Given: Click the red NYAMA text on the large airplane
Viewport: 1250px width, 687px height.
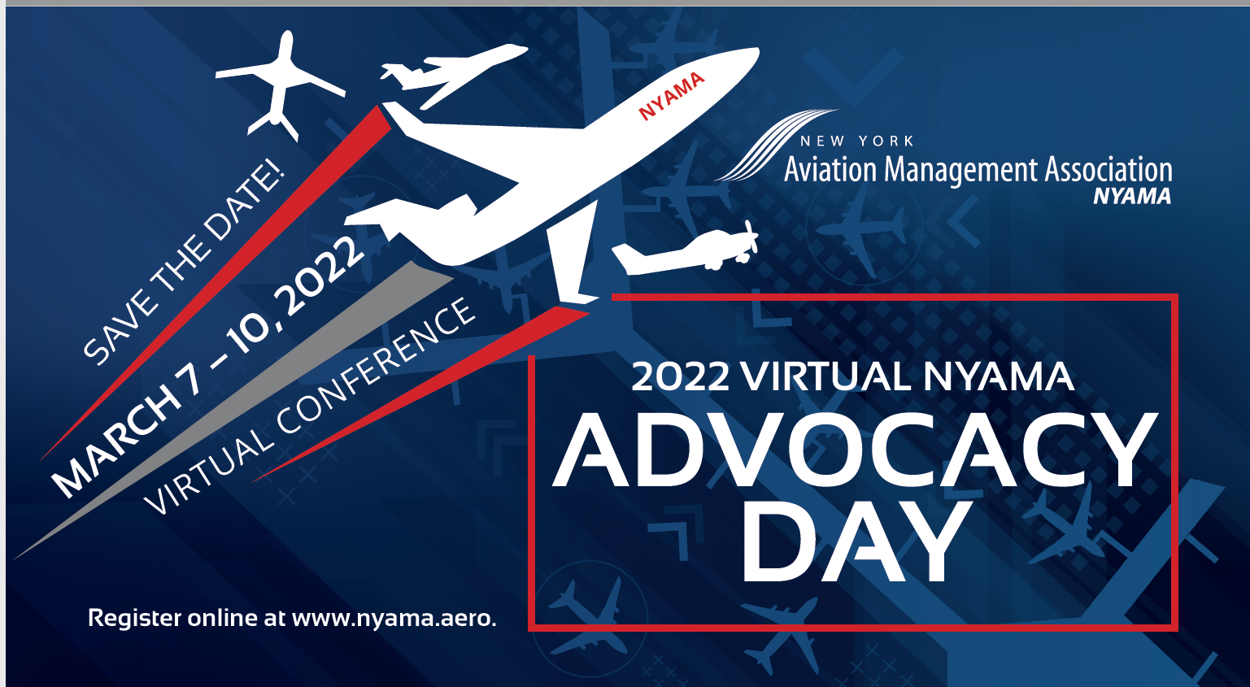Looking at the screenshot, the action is [x=671, y=95].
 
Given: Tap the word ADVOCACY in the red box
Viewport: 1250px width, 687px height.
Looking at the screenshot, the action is [x=855, y=450].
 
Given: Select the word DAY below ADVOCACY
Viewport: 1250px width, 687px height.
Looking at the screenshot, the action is [x=855, y=540].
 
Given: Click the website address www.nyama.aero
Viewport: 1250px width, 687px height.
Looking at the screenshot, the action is [x=394, y=619].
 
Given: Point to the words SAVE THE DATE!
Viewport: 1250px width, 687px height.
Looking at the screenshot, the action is [x=184, y=263].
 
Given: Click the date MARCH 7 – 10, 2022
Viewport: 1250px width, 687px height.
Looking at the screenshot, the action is [x=207, y=366].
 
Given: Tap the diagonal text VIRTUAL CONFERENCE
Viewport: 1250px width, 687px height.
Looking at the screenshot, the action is [x=311, y=407].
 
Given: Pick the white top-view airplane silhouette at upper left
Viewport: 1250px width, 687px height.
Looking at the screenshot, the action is [x=279, y=84].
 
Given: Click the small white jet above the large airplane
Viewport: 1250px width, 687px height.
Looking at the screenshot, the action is [x=453, y=72].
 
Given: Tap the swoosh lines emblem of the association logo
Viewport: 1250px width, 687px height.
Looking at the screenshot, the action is [x=776, y=145].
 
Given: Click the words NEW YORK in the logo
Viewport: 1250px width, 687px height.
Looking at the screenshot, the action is [x=857, y=141].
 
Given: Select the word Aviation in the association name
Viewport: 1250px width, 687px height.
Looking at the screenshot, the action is [x=830, y=170].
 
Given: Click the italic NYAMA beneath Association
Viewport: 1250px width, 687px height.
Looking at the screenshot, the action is [x=1132, y=197].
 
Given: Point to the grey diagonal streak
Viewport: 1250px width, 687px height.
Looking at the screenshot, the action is [x=233, y=410].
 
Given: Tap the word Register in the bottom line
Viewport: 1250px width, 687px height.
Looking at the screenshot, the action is [x=134, y=619].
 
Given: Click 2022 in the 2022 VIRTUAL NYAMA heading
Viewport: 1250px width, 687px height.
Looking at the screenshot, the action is [x=680, y=377].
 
